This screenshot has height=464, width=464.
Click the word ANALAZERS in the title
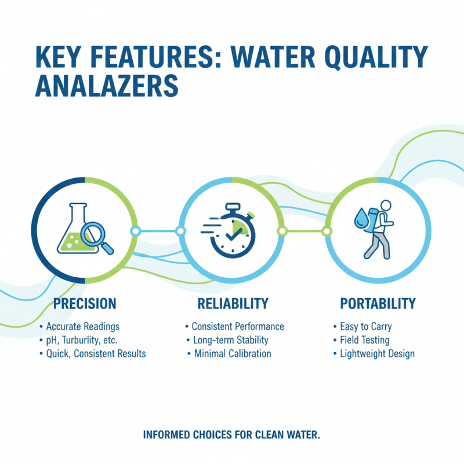(106, 86)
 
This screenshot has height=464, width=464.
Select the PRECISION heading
(85, 303)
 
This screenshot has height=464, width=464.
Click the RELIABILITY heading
(233, 303)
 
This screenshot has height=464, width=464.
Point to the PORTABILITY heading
(378, 303)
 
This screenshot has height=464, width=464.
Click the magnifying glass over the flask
(95, 235)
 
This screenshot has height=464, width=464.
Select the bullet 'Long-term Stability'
(230, 340)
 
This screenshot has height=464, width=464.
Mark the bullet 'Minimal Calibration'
(231, 354)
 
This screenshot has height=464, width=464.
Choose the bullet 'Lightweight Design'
(377, 354)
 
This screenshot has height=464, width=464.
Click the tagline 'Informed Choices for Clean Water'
(231, 434)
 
